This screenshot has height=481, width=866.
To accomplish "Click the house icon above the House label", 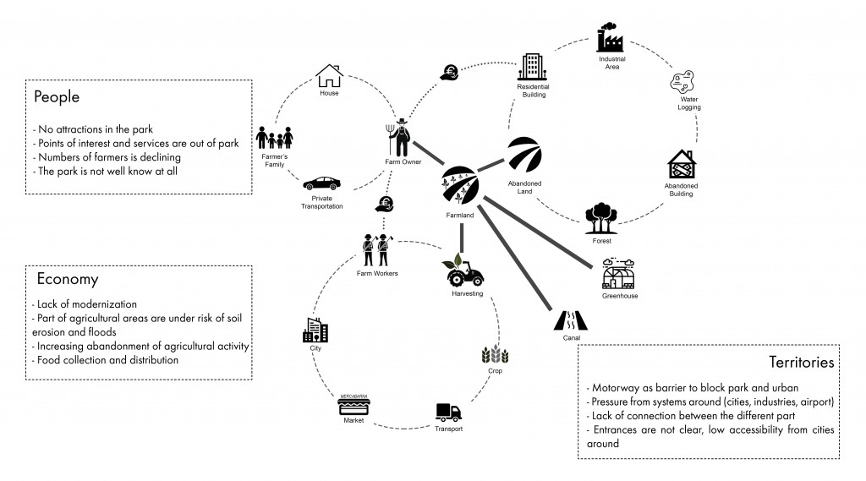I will [x=328, y=75].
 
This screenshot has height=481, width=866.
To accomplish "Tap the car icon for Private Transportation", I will [x=321, y=183].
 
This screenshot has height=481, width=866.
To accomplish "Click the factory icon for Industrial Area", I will [x=611, y=40].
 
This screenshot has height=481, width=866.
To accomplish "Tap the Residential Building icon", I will [x=533, y=67].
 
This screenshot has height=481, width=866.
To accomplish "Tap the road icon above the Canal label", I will [x=572, y=320].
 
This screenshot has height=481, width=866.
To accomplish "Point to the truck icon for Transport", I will [x=448, y=412].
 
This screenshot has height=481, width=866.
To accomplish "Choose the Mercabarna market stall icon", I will [x=354, y=404].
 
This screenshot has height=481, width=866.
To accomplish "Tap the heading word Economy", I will [x=68, y=279].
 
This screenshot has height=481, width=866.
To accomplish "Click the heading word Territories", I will [x=802, y=362].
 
